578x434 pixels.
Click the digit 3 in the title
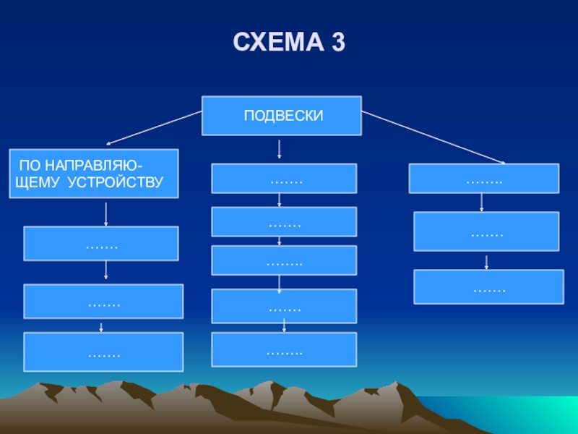click(x=337, y=43)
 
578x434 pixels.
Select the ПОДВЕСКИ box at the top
click(x=282, y=116)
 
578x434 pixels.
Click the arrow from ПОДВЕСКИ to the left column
click(x=154, y=127)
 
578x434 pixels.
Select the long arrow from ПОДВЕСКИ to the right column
click(x=433, y=137)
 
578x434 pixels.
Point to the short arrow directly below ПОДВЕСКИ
click(x=280, y=150)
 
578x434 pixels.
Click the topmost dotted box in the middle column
click(x=284, y=178)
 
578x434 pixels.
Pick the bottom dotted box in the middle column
click(x=284, y=349)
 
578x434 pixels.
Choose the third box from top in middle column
click(x=284, y=260)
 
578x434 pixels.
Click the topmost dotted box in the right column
click(x=483, y=178)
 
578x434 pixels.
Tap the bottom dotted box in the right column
click(x=488, y=286)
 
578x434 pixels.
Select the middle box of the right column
click(x=486, y=231)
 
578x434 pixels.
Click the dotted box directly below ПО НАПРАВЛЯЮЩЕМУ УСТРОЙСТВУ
click(x=101, y=244)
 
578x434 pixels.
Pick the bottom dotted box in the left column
click(x=103, y=352)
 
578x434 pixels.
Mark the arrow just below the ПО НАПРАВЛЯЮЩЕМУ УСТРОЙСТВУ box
click(x=106, y=214)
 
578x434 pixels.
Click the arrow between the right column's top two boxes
click(x=482, y=203)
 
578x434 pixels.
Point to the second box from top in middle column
click(x=284, y=222)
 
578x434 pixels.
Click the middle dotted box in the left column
click(x=103, y=302)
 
